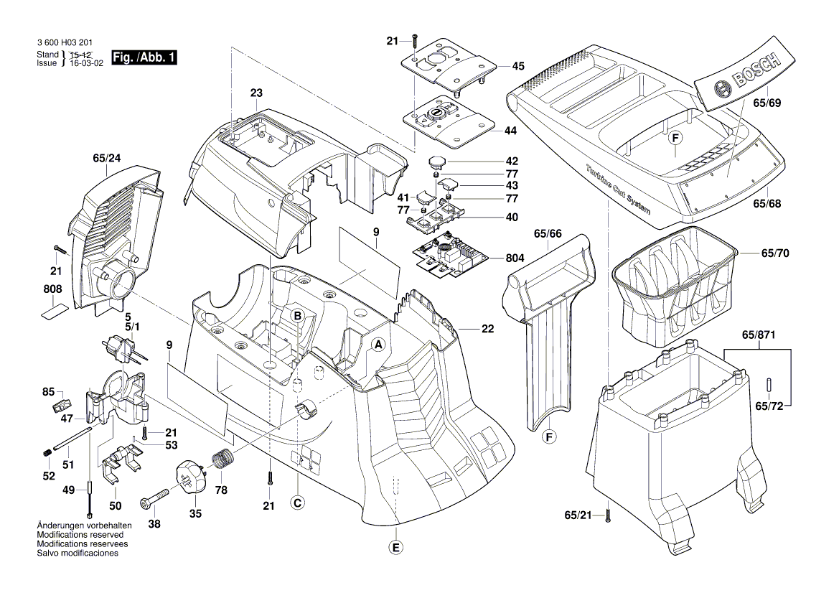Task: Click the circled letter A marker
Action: pyautogui.click(x=377, y=345)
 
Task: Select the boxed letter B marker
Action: pyautogui.click(x=296, y=315)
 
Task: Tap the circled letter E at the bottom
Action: pyautogui.click(x=395, y=548)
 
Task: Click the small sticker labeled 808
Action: pyautogui.click(x=55, y=311)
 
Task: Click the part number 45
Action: pyautogui.click(x=517, y=66)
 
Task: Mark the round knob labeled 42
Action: pyautogui.click(x=439, y=163)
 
